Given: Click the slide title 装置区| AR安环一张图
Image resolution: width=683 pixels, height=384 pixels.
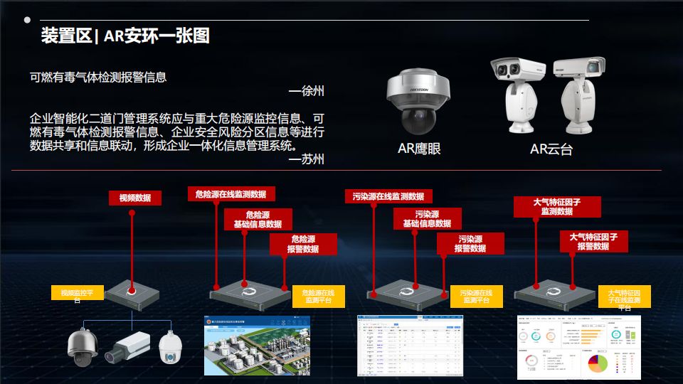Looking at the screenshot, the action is pyautogui.click(x=125, y=36).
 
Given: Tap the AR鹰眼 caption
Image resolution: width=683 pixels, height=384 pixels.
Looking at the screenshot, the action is pyautogui.click(x=419, y=149).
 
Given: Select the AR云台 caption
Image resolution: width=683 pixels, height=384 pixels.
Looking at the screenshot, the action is pyautogui.click(x=551, y=149).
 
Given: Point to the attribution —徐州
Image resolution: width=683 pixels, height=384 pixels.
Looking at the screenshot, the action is pyautogui.click(x=307, y=92).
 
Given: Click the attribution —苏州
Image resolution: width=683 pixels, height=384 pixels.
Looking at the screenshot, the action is pyautogui.click(x=307, y=159).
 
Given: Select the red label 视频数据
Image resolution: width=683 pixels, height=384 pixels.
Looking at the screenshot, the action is pyautogui.click(x=134, y=198).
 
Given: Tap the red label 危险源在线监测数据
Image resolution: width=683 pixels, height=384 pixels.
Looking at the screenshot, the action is pyautogui.click(x=231, y=193).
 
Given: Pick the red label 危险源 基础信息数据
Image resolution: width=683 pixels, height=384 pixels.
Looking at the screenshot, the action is pyautogui.click(x=258, y=219).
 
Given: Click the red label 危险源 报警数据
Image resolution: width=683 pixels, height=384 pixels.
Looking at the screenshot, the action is pyautogui.click(x=302, y=244).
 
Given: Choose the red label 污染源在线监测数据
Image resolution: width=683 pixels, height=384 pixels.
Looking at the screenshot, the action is pyautogui.click(x=388, y=196).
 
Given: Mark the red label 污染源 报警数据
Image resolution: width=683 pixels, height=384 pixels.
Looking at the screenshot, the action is pyautogui.click(x=470, y=244).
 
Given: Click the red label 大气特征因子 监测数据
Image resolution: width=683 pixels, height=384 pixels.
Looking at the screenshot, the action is pyautogui.click(x=556, y=206).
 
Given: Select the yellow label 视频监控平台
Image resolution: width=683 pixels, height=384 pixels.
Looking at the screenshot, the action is pyautogui.click(x=78, y=295).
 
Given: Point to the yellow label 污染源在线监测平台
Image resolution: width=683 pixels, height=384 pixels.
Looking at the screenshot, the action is pyautogui.click(x=476, y=296).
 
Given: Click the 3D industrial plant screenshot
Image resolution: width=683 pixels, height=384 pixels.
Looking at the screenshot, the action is pyautogui.click(x=258, y=346).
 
